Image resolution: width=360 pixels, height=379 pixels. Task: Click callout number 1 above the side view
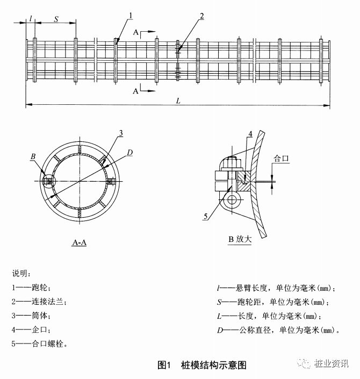131,16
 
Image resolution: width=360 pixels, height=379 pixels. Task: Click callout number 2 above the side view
201,16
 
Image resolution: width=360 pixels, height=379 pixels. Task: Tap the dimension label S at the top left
56,19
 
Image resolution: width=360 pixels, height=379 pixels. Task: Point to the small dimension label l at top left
31,18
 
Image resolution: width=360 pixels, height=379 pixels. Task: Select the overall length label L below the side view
178,101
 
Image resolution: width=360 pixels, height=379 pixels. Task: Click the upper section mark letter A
136,32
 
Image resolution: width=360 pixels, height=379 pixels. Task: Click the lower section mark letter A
136,91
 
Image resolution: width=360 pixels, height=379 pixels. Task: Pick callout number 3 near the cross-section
121,133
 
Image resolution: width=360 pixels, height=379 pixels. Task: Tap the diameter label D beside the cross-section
130,153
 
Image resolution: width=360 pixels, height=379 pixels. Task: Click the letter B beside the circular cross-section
33,156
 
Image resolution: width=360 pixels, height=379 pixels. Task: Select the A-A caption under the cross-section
79,242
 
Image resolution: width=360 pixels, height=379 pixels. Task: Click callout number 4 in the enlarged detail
250,134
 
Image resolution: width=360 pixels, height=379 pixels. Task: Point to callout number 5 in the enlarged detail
206,216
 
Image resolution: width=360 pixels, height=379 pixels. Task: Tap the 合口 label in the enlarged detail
281,159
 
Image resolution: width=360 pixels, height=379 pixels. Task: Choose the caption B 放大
240,239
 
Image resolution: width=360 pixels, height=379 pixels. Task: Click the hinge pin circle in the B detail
233,199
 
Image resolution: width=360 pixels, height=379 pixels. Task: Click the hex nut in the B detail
232,163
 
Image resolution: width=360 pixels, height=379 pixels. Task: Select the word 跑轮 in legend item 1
39,288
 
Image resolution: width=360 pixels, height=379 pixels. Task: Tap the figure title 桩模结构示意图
213,365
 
